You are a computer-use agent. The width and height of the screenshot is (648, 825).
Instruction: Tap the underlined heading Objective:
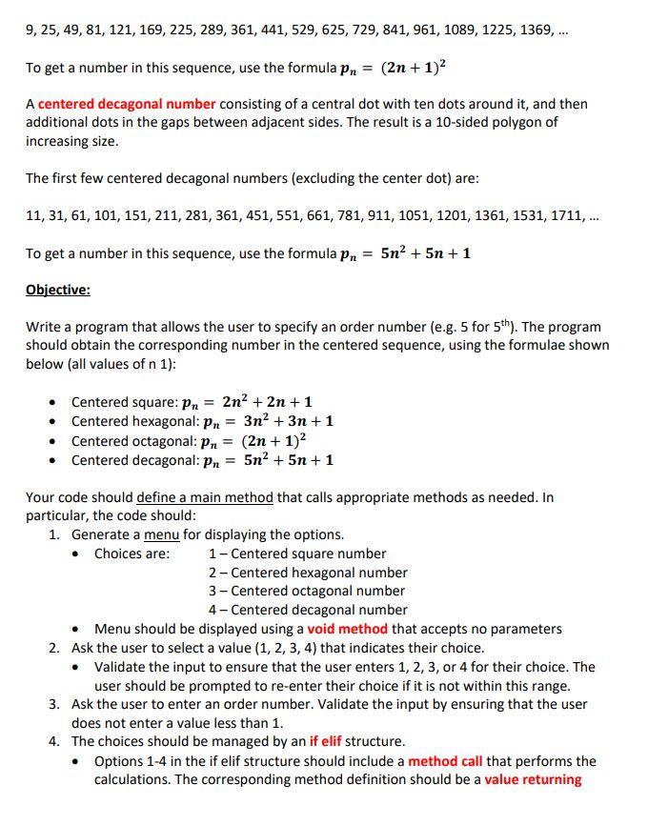pos(57,290)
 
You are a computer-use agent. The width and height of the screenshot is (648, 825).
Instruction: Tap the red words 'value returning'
pos(533,779)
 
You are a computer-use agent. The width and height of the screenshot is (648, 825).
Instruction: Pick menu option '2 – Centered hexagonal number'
pos(308,573)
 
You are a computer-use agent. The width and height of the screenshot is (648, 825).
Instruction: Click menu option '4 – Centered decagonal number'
pos(308,610)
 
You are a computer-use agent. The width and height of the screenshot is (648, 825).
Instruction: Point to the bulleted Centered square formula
pos(192,402)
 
